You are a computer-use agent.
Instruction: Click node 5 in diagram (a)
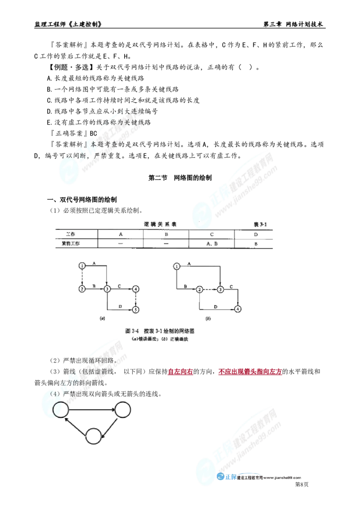[x=136, y=310]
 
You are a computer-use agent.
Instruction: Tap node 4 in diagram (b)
[x=238, y=309]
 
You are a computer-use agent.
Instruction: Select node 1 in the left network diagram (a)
[x=82, y=266]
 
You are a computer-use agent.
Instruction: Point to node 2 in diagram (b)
[x=199, y=289]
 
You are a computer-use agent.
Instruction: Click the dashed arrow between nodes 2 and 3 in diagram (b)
[x=210, y=289]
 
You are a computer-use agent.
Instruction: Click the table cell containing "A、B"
[x=212, y=243]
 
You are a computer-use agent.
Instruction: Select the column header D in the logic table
[x=256, y=234]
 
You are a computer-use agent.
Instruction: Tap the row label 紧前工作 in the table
[x=71, y=243]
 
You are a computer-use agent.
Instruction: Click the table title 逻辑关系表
[x=160, y=224]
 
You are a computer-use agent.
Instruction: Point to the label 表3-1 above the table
[x=260, y=224]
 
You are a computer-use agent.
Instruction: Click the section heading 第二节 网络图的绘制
[x=180, y=178]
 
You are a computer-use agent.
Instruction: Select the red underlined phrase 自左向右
[x=180, y=372]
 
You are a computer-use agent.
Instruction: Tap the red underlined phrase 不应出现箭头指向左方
[x=250, y=372]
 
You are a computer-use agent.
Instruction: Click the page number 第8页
[x=301, y=484]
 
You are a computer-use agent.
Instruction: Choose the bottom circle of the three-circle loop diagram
[x=94, y=436]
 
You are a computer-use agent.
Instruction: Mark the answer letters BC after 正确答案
[x=93, y=134]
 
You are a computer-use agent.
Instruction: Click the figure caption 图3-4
[x=132, y=331]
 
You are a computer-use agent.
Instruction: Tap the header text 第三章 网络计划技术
[x=293, y=24]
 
